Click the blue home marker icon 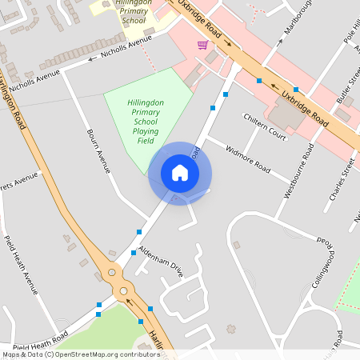(180, 173)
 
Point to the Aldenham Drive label (161, 262)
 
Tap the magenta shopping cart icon (203, 45)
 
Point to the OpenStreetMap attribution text (80, 354)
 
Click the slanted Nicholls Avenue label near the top (126, 47)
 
